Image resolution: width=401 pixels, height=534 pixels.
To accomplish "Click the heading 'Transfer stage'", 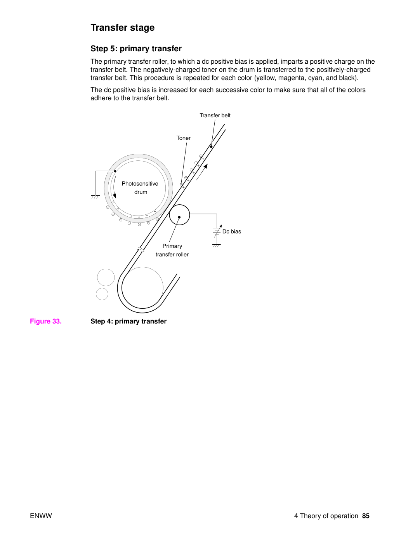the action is [x=122, y=28].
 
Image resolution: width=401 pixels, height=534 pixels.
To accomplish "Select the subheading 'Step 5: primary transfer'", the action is [x=136, y=49].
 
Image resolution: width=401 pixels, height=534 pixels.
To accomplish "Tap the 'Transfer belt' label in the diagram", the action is [x=215, y=115].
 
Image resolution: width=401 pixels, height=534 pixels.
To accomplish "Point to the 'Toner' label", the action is [x=183, y=138].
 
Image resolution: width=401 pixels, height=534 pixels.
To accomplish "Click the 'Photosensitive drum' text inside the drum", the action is [x=140, y=188].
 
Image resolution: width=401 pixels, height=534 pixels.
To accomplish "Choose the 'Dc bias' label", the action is [x=231, y=231].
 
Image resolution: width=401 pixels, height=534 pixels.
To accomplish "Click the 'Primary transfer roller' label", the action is [x=172, y=250].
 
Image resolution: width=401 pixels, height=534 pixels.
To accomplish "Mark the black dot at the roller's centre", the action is [x=179, y=217].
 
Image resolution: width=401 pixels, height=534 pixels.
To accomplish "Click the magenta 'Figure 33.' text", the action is [x=46, y=321].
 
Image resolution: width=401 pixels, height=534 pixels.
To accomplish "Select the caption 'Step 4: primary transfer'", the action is [x=128, y=321].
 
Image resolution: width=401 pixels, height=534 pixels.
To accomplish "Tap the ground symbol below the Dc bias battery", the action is [x=217, y=245].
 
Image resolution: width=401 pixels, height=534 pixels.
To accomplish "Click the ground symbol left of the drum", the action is [x=95, y=197].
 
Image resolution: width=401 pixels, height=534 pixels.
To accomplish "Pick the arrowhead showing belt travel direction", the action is [x=206, y=166].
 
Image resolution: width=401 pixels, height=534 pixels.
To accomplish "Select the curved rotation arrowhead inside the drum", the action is [x=115, y=196].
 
